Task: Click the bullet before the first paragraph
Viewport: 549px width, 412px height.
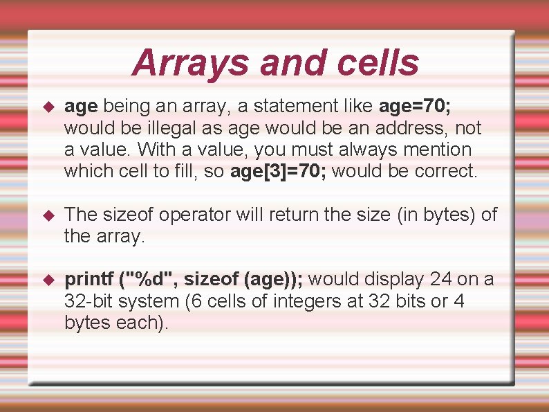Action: [48, 107]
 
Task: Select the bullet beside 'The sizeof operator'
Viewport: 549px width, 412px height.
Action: [48, 215]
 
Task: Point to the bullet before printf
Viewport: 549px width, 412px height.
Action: [48, 280]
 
